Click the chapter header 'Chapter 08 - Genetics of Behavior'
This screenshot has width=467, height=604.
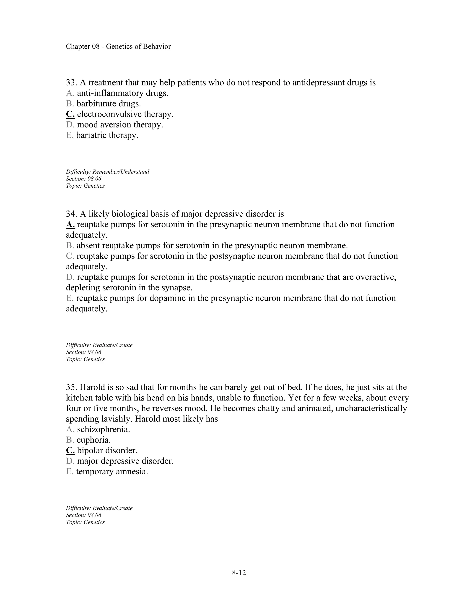[118, 46]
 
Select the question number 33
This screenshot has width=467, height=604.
[71, 83]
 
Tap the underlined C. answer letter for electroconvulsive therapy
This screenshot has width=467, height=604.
[70, 114]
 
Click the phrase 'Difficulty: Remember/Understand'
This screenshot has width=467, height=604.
[107, 172]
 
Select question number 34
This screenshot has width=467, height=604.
[71, 214]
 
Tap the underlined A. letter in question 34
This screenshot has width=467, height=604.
[70, 225]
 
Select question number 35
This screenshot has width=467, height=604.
[71, 387]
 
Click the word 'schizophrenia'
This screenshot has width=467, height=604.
[103, 429]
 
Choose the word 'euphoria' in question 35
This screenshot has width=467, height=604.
[93, 440]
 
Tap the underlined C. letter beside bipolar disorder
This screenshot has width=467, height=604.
[70, 451]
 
